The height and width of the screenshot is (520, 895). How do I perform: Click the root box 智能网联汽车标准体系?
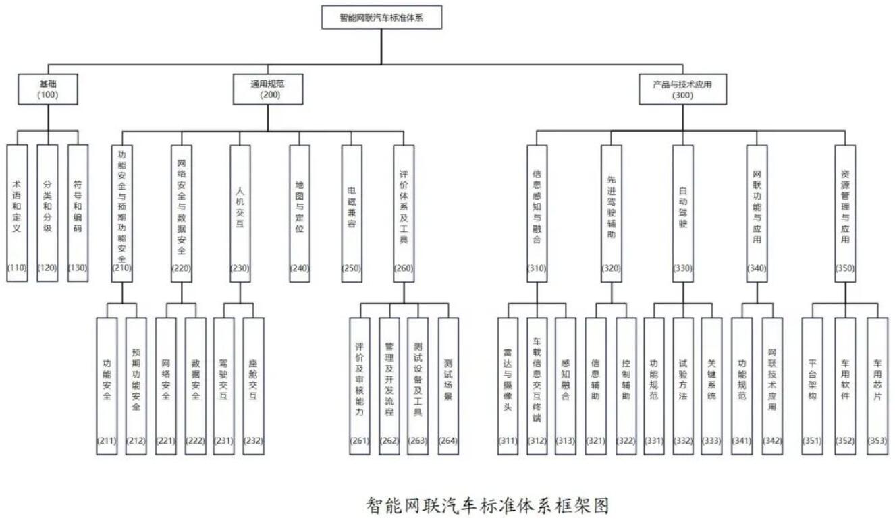(381, 17)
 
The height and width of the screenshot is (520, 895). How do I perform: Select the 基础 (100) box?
(47, 88)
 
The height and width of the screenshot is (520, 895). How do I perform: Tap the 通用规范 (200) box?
(268, 88)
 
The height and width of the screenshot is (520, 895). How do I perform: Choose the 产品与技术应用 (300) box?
(682, 88)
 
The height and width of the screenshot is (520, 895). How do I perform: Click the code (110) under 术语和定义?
(17, 268)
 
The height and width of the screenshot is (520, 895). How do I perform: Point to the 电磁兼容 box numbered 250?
(352, 213)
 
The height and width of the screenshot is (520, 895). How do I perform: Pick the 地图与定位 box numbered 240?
(300, 213)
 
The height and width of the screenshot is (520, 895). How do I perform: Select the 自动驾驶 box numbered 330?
(683, 213)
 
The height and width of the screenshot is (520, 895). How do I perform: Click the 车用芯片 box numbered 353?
(877, 386)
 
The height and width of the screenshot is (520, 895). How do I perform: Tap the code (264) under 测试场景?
(448, 440)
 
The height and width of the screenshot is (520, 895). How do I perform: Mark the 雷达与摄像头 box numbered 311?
(508, 386)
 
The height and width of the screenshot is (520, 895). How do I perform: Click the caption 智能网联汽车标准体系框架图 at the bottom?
(487, 505)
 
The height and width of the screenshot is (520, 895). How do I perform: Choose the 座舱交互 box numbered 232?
(253, 386)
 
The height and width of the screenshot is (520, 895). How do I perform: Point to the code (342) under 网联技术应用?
(772, 440)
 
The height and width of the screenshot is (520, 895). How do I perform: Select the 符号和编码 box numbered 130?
(78, 213)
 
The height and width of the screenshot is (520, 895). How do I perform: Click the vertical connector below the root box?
(381, 47)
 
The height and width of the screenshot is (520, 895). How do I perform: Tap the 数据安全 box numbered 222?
(195, 386)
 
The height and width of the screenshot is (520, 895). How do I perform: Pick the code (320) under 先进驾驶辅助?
(612, 268)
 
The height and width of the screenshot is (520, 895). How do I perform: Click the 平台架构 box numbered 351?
(812, 386)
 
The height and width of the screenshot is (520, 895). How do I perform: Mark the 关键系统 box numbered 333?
(711, 386)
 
